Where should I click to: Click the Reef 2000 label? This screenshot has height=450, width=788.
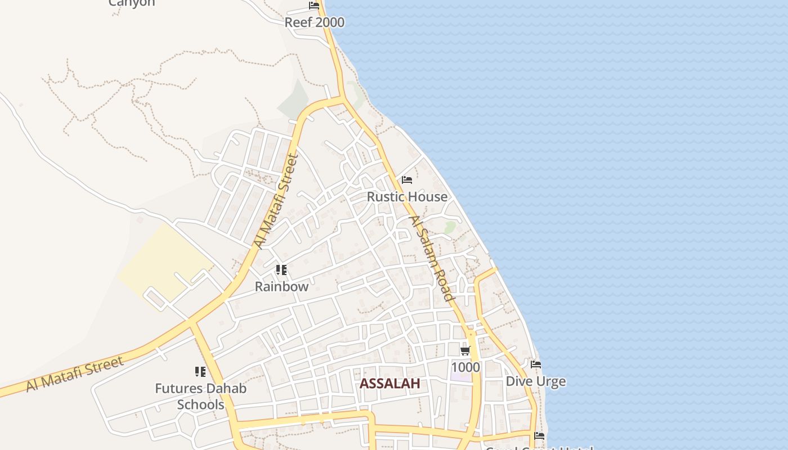[314, 22]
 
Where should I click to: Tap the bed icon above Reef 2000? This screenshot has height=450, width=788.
[314, 6]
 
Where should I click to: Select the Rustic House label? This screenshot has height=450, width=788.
[407, 197]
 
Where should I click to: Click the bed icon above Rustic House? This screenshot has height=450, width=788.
[407, 180]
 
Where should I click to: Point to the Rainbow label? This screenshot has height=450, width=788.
[281, 286]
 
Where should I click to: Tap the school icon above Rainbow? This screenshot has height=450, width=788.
[281, 270]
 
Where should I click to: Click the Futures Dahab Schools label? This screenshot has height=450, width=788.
[200, 396]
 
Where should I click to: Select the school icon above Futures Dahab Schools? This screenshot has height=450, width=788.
[200, 371]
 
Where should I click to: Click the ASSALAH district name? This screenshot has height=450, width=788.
[390, 384]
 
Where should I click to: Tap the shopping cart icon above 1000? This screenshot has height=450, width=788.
[465, 351]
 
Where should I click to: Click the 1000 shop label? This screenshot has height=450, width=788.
[465, 367]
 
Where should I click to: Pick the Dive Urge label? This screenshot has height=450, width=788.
[535, 381]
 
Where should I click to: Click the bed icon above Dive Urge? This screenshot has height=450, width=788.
[536, 364]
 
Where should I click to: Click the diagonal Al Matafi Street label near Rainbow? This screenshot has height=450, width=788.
[275, 201]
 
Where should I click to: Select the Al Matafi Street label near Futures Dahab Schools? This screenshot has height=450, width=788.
[74, 375]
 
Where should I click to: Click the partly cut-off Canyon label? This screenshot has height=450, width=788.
[131, 3]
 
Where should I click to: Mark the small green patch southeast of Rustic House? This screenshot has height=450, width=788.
[450, 227]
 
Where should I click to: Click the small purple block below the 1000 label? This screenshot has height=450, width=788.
[461, 376]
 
